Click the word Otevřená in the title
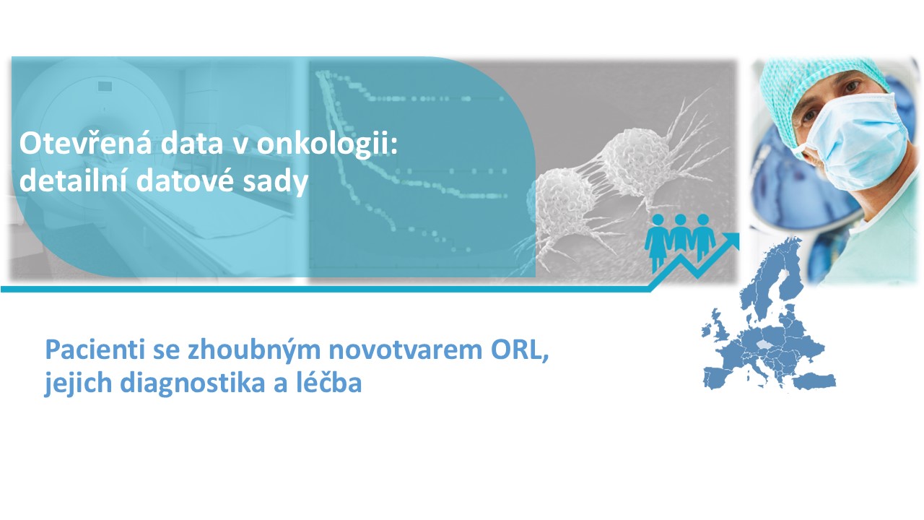click(x=85, y=144)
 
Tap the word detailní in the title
click(x=73, y=180)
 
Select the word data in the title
click(x=192, y=144)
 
